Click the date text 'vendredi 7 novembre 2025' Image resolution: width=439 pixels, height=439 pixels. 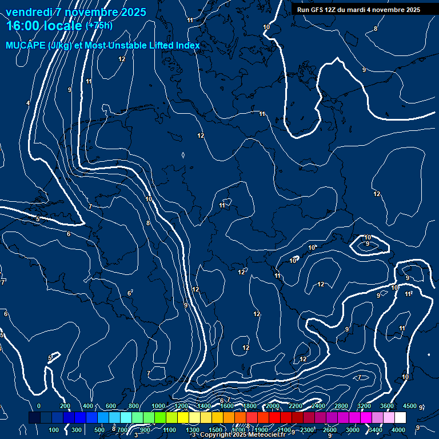(x=75, y=12)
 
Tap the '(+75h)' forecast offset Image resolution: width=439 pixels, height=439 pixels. (x=99, y=26)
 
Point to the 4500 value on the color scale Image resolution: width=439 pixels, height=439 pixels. (x=409, y=406)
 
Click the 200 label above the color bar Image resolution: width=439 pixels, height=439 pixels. (x=65, y=406)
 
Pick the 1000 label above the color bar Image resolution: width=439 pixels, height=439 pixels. (x=158, y=406)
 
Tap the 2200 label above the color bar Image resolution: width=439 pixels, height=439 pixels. (x=295, y=406)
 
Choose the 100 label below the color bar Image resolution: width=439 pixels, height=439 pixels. (x=54, y=430)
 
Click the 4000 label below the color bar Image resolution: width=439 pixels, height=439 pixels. (x=398, y=430)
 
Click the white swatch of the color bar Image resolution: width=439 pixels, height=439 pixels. (x=400, y=418)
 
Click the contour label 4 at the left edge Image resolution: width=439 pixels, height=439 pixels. (x=28, y=103)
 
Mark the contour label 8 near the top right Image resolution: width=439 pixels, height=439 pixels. (x=376, y=29)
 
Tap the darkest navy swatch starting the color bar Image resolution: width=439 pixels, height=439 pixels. (x=34, y=418)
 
